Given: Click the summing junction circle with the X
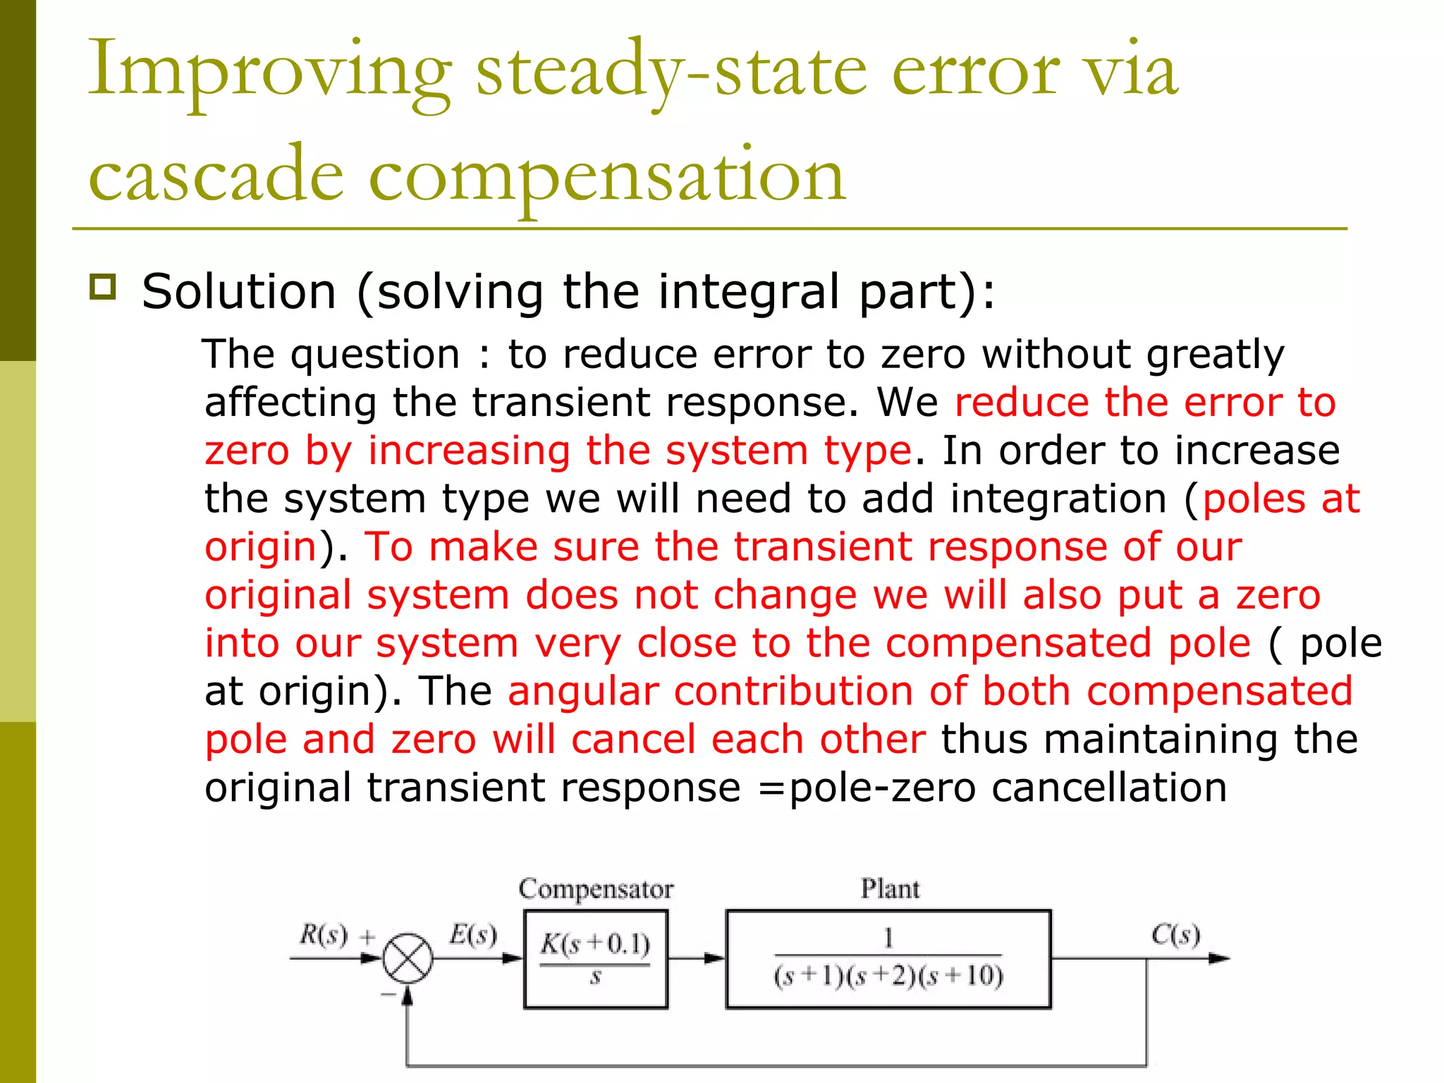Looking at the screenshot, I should coord(408,958).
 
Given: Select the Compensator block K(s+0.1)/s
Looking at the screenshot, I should coord(596,959).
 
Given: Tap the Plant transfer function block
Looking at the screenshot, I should coord(888,959).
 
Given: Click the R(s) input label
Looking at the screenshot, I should coord(324,935).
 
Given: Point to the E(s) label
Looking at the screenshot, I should coord(473,935).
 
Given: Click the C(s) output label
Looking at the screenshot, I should coord(1175,935).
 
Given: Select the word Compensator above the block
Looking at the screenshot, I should coord(596,889).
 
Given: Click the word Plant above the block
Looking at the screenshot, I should coord(890,889).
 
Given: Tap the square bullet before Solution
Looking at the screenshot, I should coord(103,287).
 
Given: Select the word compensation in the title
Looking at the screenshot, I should coord(606,176).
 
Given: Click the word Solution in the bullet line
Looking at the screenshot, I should coord(239,291).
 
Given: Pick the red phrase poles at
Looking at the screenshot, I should coord(1280,498).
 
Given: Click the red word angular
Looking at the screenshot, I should coord(582,691).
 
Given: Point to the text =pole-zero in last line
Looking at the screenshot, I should coord(867,788).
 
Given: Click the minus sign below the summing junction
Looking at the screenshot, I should coord(388,994).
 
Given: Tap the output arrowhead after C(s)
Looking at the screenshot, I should coord(1219,958).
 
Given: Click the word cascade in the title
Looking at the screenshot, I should coord(216,176).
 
